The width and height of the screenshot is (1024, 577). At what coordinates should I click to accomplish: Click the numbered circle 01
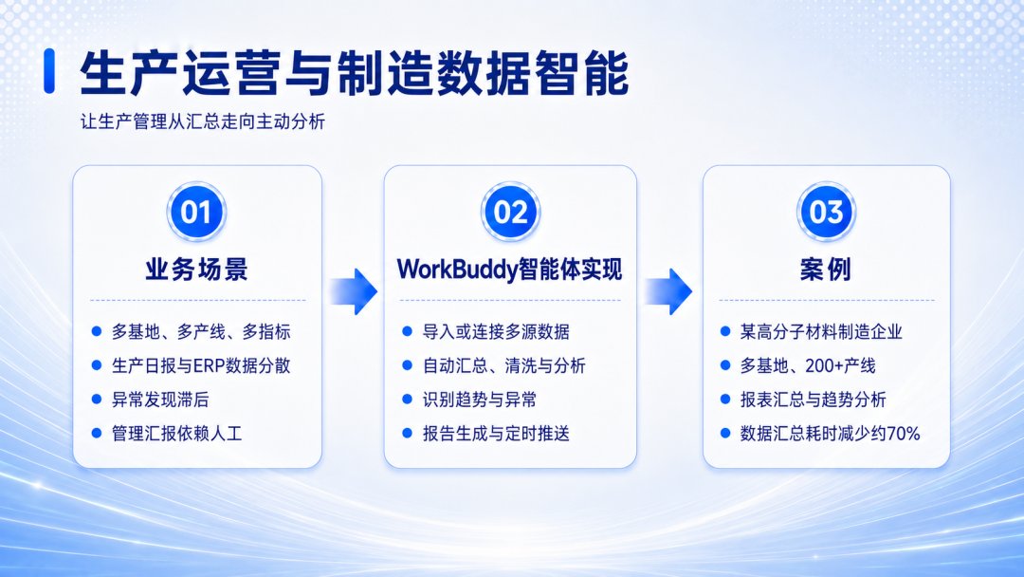(196, 212)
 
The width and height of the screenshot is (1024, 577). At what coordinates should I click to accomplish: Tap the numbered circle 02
(511, 212)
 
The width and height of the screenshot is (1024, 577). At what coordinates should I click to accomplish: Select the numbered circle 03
(826, 212)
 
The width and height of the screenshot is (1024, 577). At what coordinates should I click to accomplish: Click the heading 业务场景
(196, 270)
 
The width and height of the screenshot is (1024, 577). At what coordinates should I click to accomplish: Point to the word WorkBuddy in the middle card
(456, 270)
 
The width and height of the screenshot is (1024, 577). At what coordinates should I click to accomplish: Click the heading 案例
(826, 270)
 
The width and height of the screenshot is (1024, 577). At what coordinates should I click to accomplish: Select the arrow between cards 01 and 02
(353, 291)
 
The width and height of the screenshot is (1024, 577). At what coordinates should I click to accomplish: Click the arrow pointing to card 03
(668, 291)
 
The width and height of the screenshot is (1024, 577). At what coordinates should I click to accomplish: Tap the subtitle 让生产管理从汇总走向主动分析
(203, 121)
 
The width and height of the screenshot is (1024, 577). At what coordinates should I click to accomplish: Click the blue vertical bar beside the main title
(49, 70)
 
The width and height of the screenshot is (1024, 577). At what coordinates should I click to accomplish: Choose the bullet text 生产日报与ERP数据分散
(201, 365)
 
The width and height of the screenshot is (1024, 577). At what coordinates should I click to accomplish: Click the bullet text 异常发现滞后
(160, 400)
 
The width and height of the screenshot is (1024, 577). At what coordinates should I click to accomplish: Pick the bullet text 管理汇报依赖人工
(177, 434)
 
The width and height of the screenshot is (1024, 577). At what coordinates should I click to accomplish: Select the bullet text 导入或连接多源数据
(496, 331)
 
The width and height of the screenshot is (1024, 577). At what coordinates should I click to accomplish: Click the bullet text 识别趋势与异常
(480, 400)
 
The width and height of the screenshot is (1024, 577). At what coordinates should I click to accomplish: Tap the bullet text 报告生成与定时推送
(496, 434)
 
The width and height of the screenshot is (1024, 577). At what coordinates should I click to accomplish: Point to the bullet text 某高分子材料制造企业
(821, 331)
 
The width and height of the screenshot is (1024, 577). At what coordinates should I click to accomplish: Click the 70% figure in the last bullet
(904, 434)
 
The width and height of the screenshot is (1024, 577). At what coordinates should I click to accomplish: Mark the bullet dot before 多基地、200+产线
(725, 365)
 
